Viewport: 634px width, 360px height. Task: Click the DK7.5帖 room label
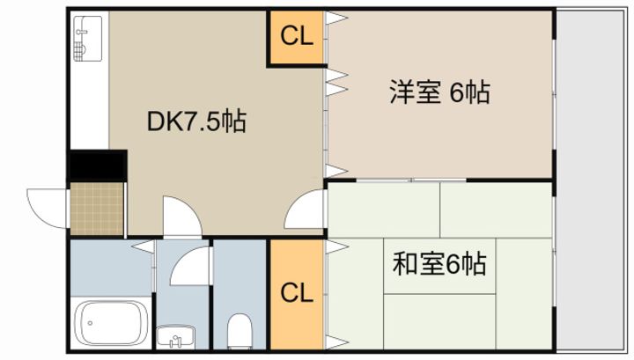tap(196, 121)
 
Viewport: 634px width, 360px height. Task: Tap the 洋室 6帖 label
tap(440, 92)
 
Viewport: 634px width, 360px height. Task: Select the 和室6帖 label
tap(439, 264)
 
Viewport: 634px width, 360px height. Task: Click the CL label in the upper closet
tap(297, 36)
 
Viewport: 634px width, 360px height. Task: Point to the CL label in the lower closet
tap(297, 293)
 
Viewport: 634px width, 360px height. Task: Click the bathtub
tap(110, 323)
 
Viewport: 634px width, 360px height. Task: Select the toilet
tap(240, 331)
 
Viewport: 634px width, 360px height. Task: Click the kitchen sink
tap(88, 39)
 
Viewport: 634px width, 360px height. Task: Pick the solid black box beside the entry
tap(98, 165)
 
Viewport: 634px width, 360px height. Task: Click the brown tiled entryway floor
tap(97, 209)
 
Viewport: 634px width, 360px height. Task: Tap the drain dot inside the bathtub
tap(90, 323)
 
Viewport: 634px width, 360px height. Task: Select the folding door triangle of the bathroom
tap(143, 246)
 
